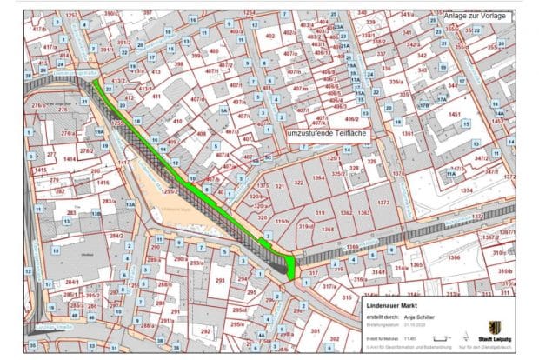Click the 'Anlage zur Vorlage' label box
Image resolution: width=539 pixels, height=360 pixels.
tap(475, 13)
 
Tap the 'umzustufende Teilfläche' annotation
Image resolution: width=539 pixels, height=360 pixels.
tap(326, 133)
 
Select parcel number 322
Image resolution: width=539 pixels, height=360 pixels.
tap(298, 183)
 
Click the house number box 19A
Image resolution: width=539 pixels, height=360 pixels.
tap(98, 131)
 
